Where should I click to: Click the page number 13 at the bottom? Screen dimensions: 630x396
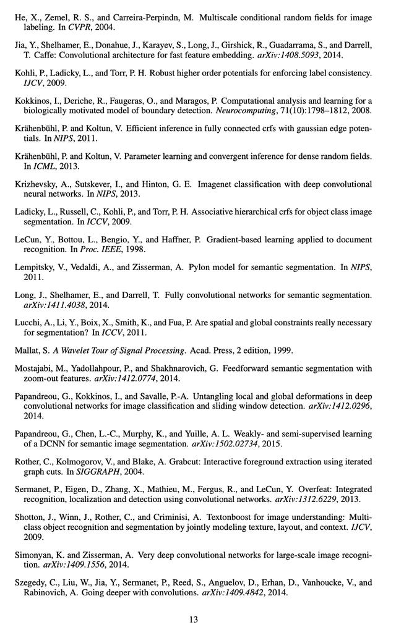193,619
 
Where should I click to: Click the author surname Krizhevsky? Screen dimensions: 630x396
36,184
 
